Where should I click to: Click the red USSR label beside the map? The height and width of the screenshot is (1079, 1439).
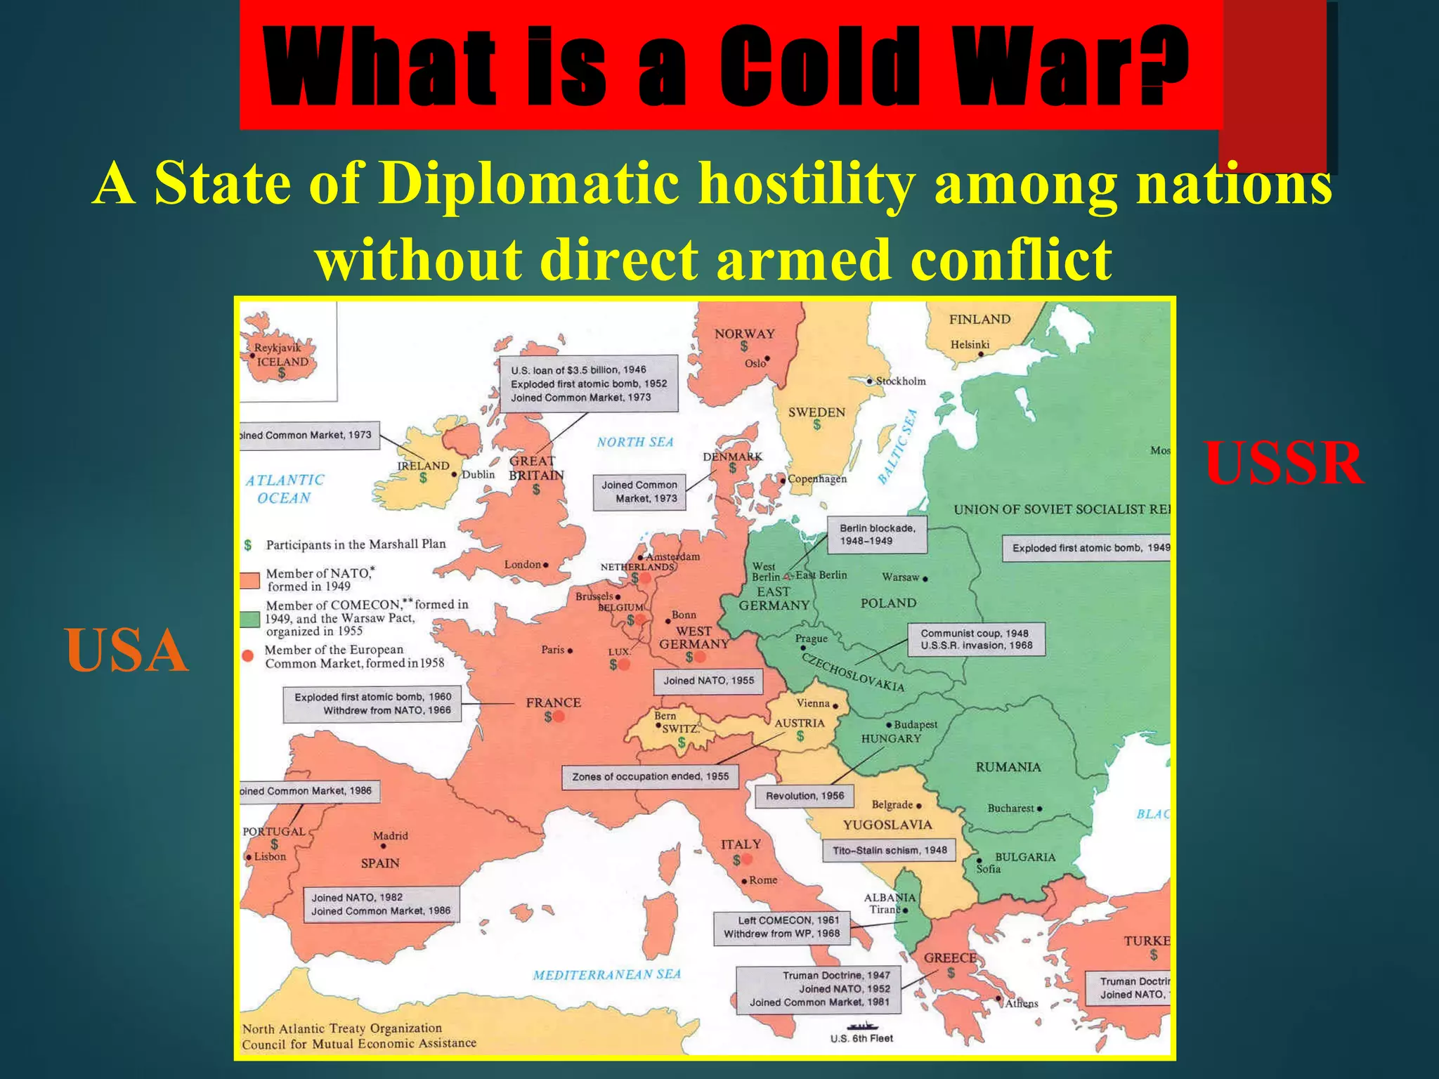tap(1284, 464)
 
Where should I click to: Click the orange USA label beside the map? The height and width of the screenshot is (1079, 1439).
tap(127, 651)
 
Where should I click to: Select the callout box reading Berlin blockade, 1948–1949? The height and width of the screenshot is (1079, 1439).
tap(877, 535)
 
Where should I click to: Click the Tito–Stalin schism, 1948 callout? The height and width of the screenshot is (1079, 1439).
tap(890, 850)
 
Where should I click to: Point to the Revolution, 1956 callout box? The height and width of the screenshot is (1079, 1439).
tap(805, 796)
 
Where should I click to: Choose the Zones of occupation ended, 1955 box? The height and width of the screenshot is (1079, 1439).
tap(650, 776)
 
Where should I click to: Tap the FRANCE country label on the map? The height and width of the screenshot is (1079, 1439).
tap(553, 702)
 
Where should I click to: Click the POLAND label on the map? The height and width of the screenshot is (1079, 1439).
tap(888, 603)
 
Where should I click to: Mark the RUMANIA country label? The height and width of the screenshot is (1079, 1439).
tap(1008, 767)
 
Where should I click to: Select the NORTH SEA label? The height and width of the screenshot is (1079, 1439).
tap(635, 442)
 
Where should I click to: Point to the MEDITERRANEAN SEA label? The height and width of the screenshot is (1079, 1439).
tap(606, 974)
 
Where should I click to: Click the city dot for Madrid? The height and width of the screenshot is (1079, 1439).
tap(383, 846)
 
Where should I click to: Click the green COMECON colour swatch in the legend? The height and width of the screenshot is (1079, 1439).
tap(249, 619)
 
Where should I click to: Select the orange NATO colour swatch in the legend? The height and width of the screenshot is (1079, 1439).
tap(249, 580)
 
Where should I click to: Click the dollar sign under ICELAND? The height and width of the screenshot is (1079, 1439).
tap(282, 374)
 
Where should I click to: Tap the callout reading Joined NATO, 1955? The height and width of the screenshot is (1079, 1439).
tap(708, 680)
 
